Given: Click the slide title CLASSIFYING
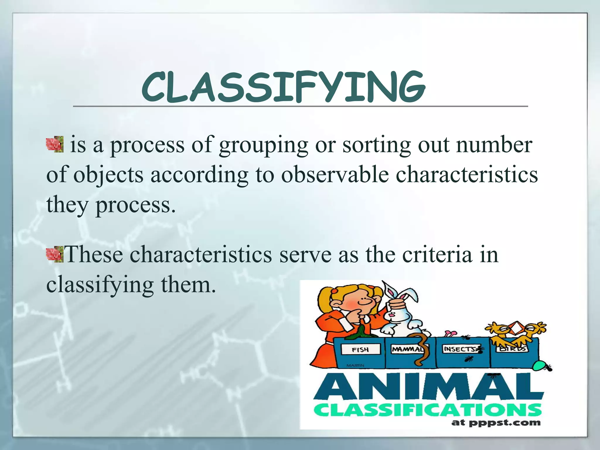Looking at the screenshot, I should [x=283, y=87].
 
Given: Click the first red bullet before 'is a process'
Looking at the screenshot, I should [x=55, y=144].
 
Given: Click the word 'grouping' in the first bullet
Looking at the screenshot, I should [x=263, y=146].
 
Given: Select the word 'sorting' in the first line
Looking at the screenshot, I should [x=377, y=146].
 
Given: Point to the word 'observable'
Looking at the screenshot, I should [x=335, y=175].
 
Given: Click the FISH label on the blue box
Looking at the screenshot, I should [x=360, y=350].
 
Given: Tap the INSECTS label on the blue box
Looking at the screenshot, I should [x=459, y=349].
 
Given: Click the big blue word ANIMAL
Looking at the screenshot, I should [x=428, y=387].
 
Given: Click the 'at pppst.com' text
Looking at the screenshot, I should [x=496, y=423].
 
